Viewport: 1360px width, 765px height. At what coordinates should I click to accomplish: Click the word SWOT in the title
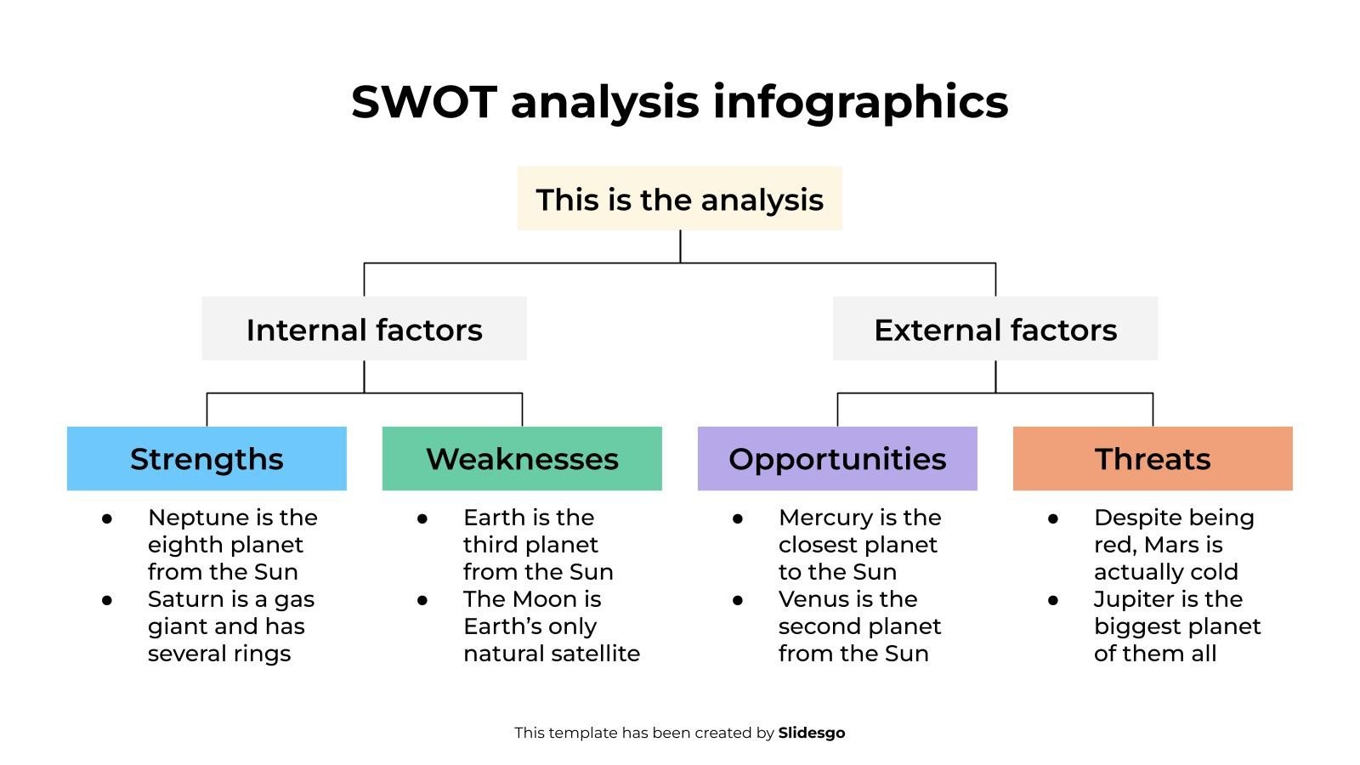point(422,102)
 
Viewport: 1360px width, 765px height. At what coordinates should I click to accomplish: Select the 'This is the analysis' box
point(679,199)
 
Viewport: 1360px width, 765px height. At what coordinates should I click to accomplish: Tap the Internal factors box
point(364,329)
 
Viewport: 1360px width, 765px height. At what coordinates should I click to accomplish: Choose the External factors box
point(994,329)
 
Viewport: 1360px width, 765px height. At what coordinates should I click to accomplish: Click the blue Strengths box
point(207,459)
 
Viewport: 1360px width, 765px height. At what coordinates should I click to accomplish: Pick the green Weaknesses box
point(522,459)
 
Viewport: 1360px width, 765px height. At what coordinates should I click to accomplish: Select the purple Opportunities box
point(837,459)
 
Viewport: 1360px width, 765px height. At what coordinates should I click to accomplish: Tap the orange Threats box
point(1153,459)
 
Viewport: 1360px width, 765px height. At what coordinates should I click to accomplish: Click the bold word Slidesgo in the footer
point(811,733)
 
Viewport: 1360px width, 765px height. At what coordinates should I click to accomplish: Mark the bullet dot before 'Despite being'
point(1052,518)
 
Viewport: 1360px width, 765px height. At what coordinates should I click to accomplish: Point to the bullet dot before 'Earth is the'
point(422,518)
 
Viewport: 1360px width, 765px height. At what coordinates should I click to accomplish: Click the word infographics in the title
point(859,102)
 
